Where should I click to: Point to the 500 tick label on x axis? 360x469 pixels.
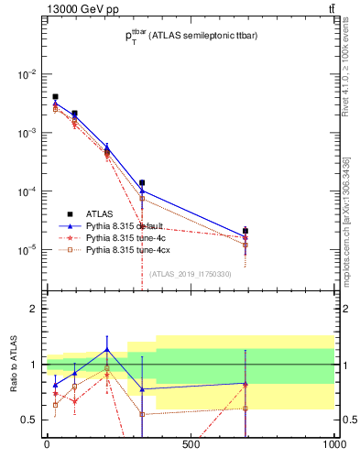191,446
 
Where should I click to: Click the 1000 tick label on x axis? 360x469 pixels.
333,446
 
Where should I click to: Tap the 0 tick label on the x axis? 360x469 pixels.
47,446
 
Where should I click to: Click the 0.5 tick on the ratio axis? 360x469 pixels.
29,420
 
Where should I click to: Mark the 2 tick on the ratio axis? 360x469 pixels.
33,309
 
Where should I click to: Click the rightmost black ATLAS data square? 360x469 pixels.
245,231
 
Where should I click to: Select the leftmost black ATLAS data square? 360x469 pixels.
55,96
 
